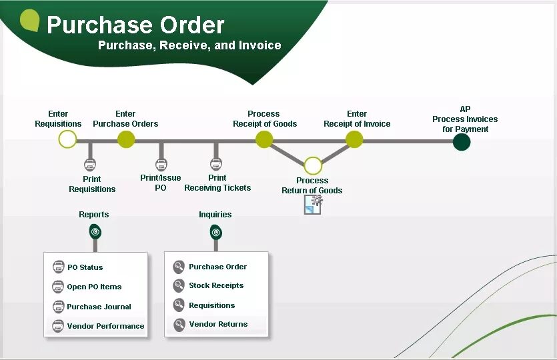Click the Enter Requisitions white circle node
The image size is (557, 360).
pos(67,139)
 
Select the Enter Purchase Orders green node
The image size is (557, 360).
pos(126,139)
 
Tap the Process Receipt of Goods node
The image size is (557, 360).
pos(264,139)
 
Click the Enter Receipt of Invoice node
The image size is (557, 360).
pos(354,139)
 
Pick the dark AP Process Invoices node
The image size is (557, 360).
pos(461,142)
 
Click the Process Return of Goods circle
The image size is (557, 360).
pos(313,165)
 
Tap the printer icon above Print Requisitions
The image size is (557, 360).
pos(90,165)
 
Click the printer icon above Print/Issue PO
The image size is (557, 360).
pos(161,165)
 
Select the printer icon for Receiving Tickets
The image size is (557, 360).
pos(216,164)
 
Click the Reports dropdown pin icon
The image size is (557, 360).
pos(95,232)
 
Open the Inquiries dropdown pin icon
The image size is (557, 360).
pos(215,232)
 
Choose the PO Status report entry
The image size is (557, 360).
pos(85,267)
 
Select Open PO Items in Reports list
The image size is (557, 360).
pos(94,287)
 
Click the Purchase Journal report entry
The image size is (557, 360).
pos(99,307)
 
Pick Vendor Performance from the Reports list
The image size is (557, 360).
pos(105,326)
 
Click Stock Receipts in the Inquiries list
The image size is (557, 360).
pos(216,285)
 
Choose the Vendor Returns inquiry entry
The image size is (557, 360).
pos(218,324)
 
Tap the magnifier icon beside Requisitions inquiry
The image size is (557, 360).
pos(178,305)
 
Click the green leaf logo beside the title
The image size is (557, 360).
pos(30,20)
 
